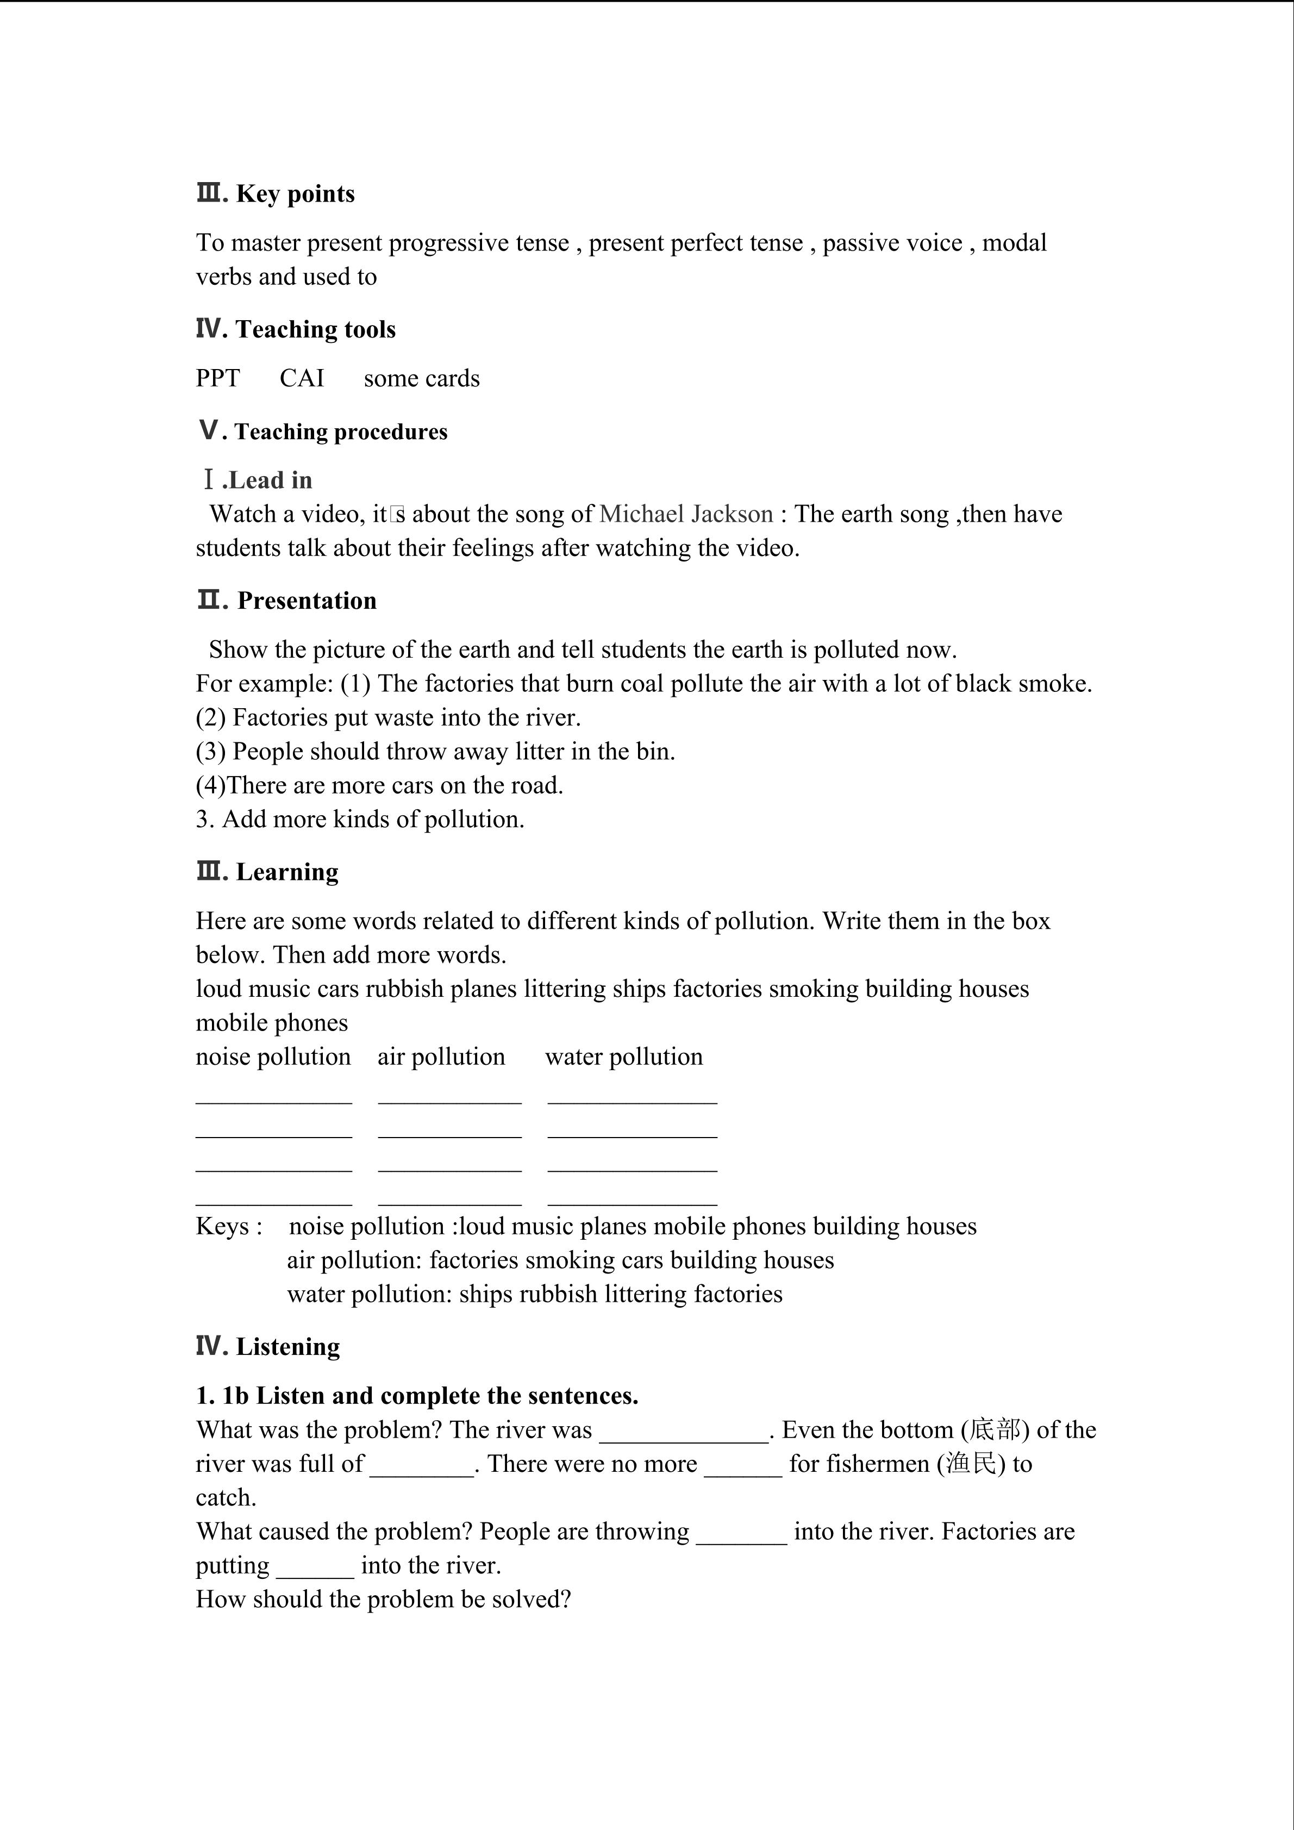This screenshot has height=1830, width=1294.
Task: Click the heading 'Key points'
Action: (x=295, y=193)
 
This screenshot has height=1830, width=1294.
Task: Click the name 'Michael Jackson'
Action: (x=686, y=514)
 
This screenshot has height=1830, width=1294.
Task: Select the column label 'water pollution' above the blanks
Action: (x=624, y=1057)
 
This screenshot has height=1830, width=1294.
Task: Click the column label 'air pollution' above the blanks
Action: (x=441, y=1057)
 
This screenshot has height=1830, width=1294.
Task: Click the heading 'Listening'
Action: (x=287, y=1346)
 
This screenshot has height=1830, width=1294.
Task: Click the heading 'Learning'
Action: (x=287, y=872)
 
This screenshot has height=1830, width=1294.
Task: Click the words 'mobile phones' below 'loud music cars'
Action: (x=272, y=1022)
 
